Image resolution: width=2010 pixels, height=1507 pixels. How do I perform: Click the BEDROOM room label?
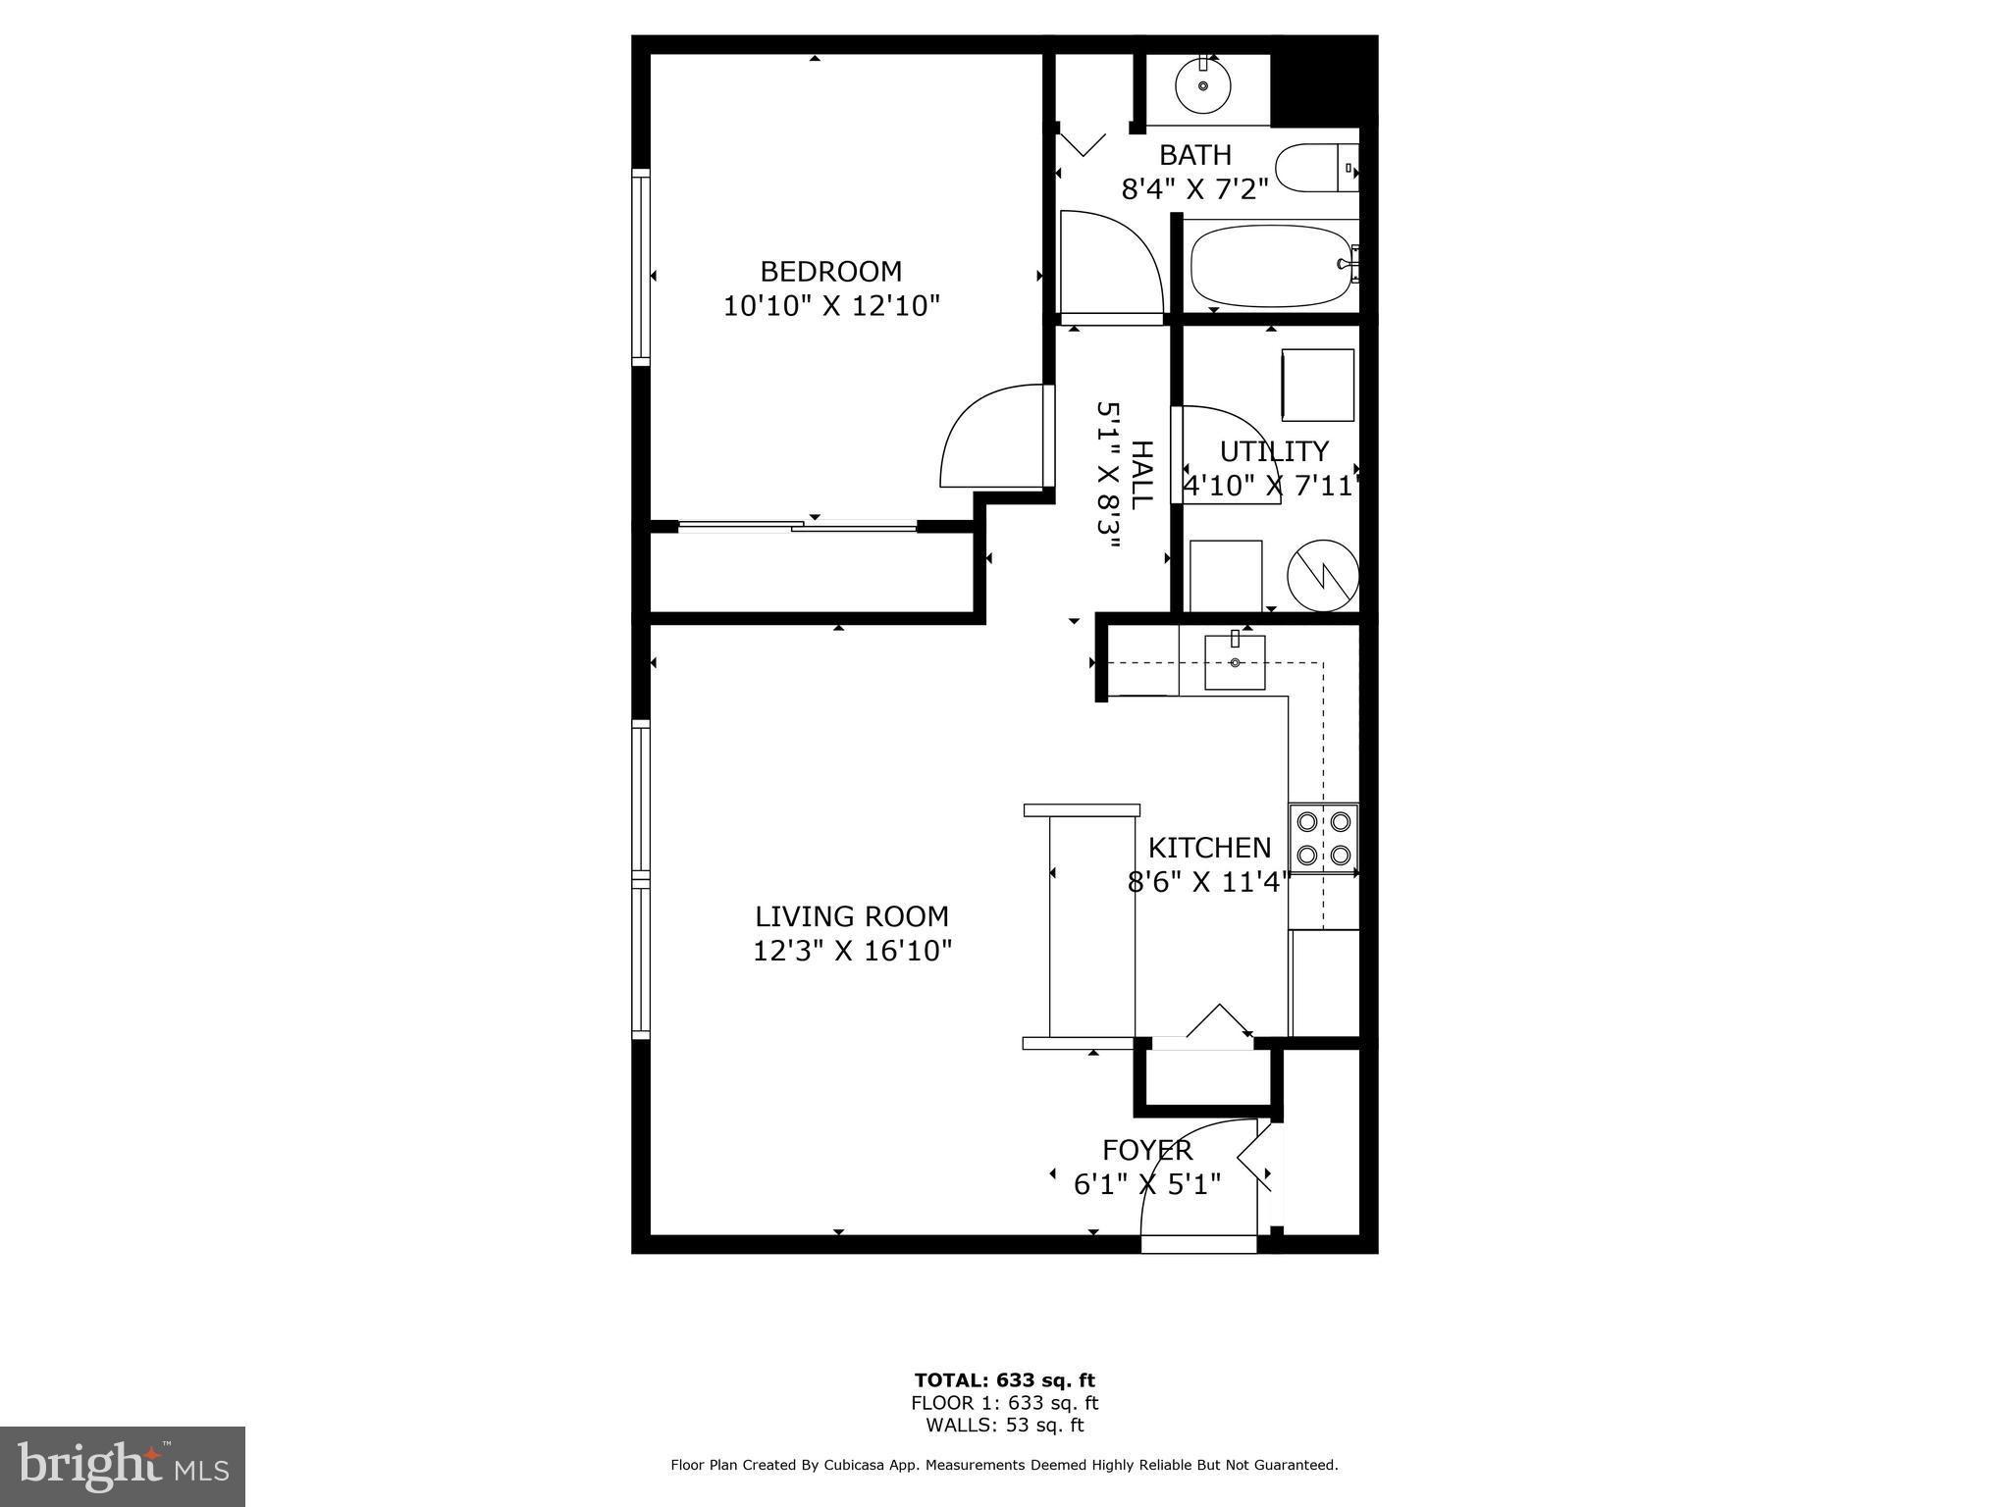(830, 271)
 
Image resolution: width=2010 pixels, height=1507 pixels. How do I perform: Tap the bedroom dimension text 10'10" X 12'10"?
(830, 306)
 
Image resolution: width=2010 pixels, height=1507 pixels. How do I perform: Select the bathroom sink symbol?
(1203, 85)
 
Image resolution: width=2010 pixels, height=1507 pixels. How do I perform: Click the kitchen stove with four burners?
(1323, 838)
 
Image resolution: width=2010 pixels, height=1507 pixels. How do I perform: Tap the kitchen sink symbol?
(1235, 662)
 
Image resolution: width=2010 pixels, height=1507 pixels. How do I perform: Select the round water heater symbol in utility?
(1322, 576)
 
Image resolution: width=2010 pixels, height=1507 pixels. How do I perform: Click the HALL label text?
(1141, 475)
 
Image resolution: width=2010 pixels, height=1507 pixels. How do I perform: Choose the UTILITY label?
(1273, 451)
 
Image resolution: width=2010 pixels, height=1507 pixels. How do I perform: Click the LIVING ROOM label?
(851, 916)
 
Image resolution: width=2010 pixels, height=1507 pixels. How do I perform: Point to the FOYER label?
(1146, 1150)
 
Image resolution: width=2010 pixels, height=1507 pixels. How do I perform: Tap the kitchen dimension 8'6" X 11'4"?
(1207, 882)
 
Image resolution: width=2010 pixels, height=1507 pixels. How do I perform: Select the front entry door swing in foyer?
(1192, 1177)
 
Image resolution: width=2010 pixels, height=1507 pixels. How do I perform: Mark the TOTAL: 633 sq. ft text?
(1004, 1380)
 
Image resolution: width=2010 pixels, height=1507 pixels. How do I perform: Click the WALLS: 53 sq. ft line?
(1004, 1426)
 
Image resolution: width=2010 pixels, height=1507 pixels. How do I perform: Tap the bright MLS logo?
(123, 1467)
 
